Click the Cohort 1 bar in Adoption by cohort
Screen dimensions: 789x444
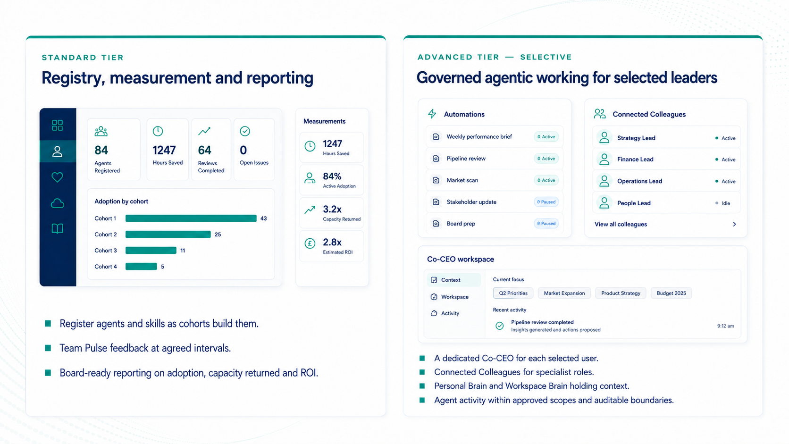click(191, 218)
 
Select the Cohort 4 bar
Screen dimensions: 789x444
click(141, 267)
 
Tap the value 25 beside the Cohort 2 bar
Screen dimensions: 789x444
click(218, 235)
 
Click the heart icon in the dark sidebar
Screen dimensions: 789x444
click(58, 177)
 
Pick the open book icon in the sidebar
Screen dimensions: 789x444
click(58, 228)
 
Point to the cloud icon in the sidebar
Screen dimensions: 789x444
click(58, 203)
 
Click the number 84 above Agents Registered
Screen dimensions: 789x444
click(101, 151)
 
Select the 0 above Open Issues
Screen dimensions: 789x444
click(243, 151)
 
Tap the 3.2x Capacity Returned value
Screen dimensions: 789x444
click(332, 209)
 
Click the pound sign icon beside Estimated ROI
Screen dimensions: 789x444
click(310, 243)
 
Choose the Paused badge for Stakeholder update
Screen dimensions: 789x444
click(546, 202)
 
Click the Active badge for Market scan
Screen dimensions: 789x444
click(546, 180)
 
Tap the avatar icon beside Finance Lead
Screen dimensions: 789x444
click(604, 159)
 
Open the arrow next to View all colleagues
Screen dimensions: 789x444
click(734, 224)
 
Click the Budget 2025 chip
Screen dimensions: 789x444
click(671, 293)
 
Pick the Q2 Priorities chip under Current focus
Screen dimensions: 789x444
click(513, 293)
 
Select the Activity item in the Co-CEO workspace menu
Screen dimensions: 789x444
click(450, 313)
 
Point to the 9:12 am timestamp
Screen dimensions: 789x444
click(726, 326)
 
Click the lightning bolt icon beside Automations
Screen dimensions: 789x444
click(432, 114)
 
